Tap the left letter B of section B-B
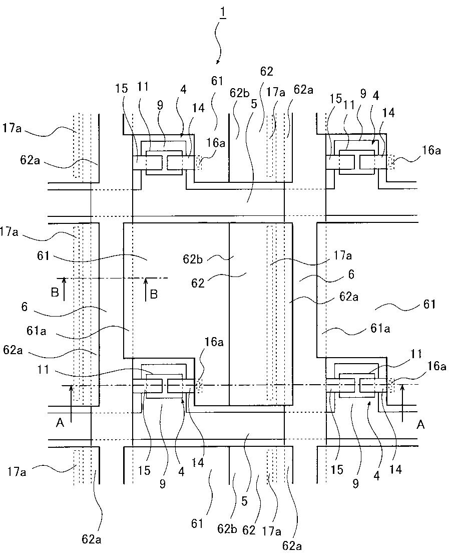[x=55, y=293]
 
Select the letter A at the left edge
[x=60, y=423]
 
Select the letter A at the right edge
[x=420, y=424]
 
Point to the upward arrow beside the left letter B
[x=64, y=290]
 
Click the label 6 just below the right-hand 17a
[x=351, y=274]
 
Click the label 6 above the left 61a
[x=24, y=307]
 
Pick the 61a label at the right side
[x=380, y=329]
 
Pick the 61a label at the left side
[x=36, y=331]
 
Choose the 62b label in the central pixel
[x=193, y=259]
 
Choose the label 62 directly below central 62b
[x=198, y=283]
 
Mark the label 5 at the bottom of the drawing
[x=244, y=501]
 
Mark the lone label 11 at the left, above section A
[x=43, y=370]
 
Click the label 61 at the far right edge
[x=429, y=304]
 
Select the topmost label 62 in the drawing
[x=266, y=71]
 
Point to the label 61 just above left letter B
[x=43, y=255]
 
